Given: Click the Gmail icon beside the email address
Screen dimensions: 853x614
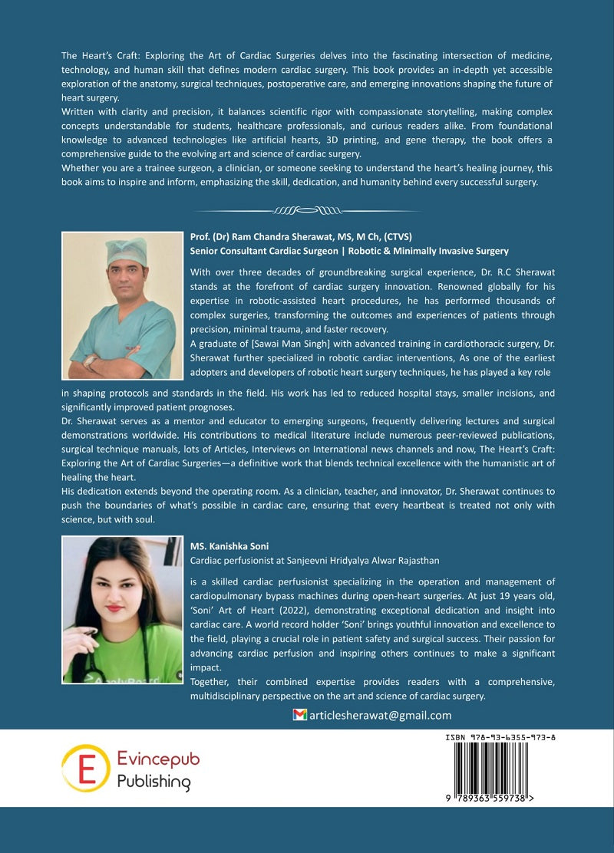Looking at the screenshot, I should click(x=300, y=715).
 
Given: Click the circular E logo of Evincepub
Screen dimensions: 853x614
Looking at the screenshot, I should click(x=85, y=768).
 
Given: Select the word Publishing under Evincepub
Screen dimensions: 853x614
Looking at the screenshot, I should click(x=153, y=782).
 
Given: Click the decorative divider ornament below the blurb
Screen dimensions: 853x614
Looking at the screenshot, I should click(x=307, y=209).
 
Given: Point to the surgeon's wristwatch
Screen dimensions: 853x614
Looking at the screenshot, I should click(x=91, y=361).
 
